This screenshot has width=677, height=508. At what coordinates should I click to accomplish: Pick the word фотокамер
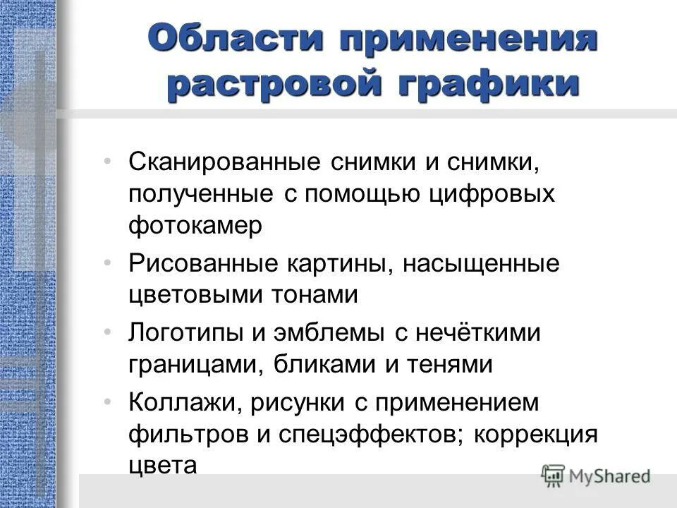click(x=195, y=226)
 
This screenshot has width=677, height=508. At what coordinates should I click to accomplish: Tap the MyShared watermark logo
click(x=596, y=474)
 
